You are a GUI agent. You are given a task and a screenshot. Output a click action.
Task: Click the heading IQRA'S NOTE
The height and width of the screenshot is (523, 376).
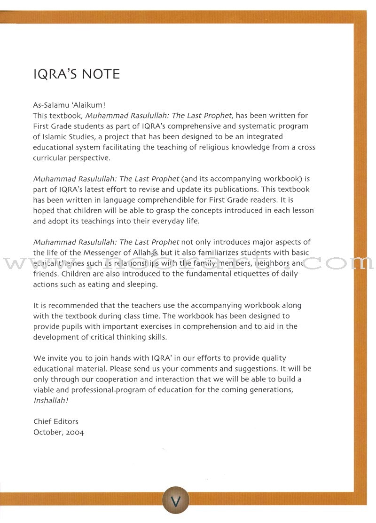[x=77, y=74]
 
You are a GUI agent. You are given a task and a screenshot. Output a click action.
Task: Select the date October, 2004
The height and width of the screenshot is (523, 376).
[x=59, y=432]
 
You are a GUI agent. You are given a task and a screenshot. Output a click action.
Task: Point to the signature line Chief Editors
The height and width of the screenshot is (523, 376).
[x=56, y=421]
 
